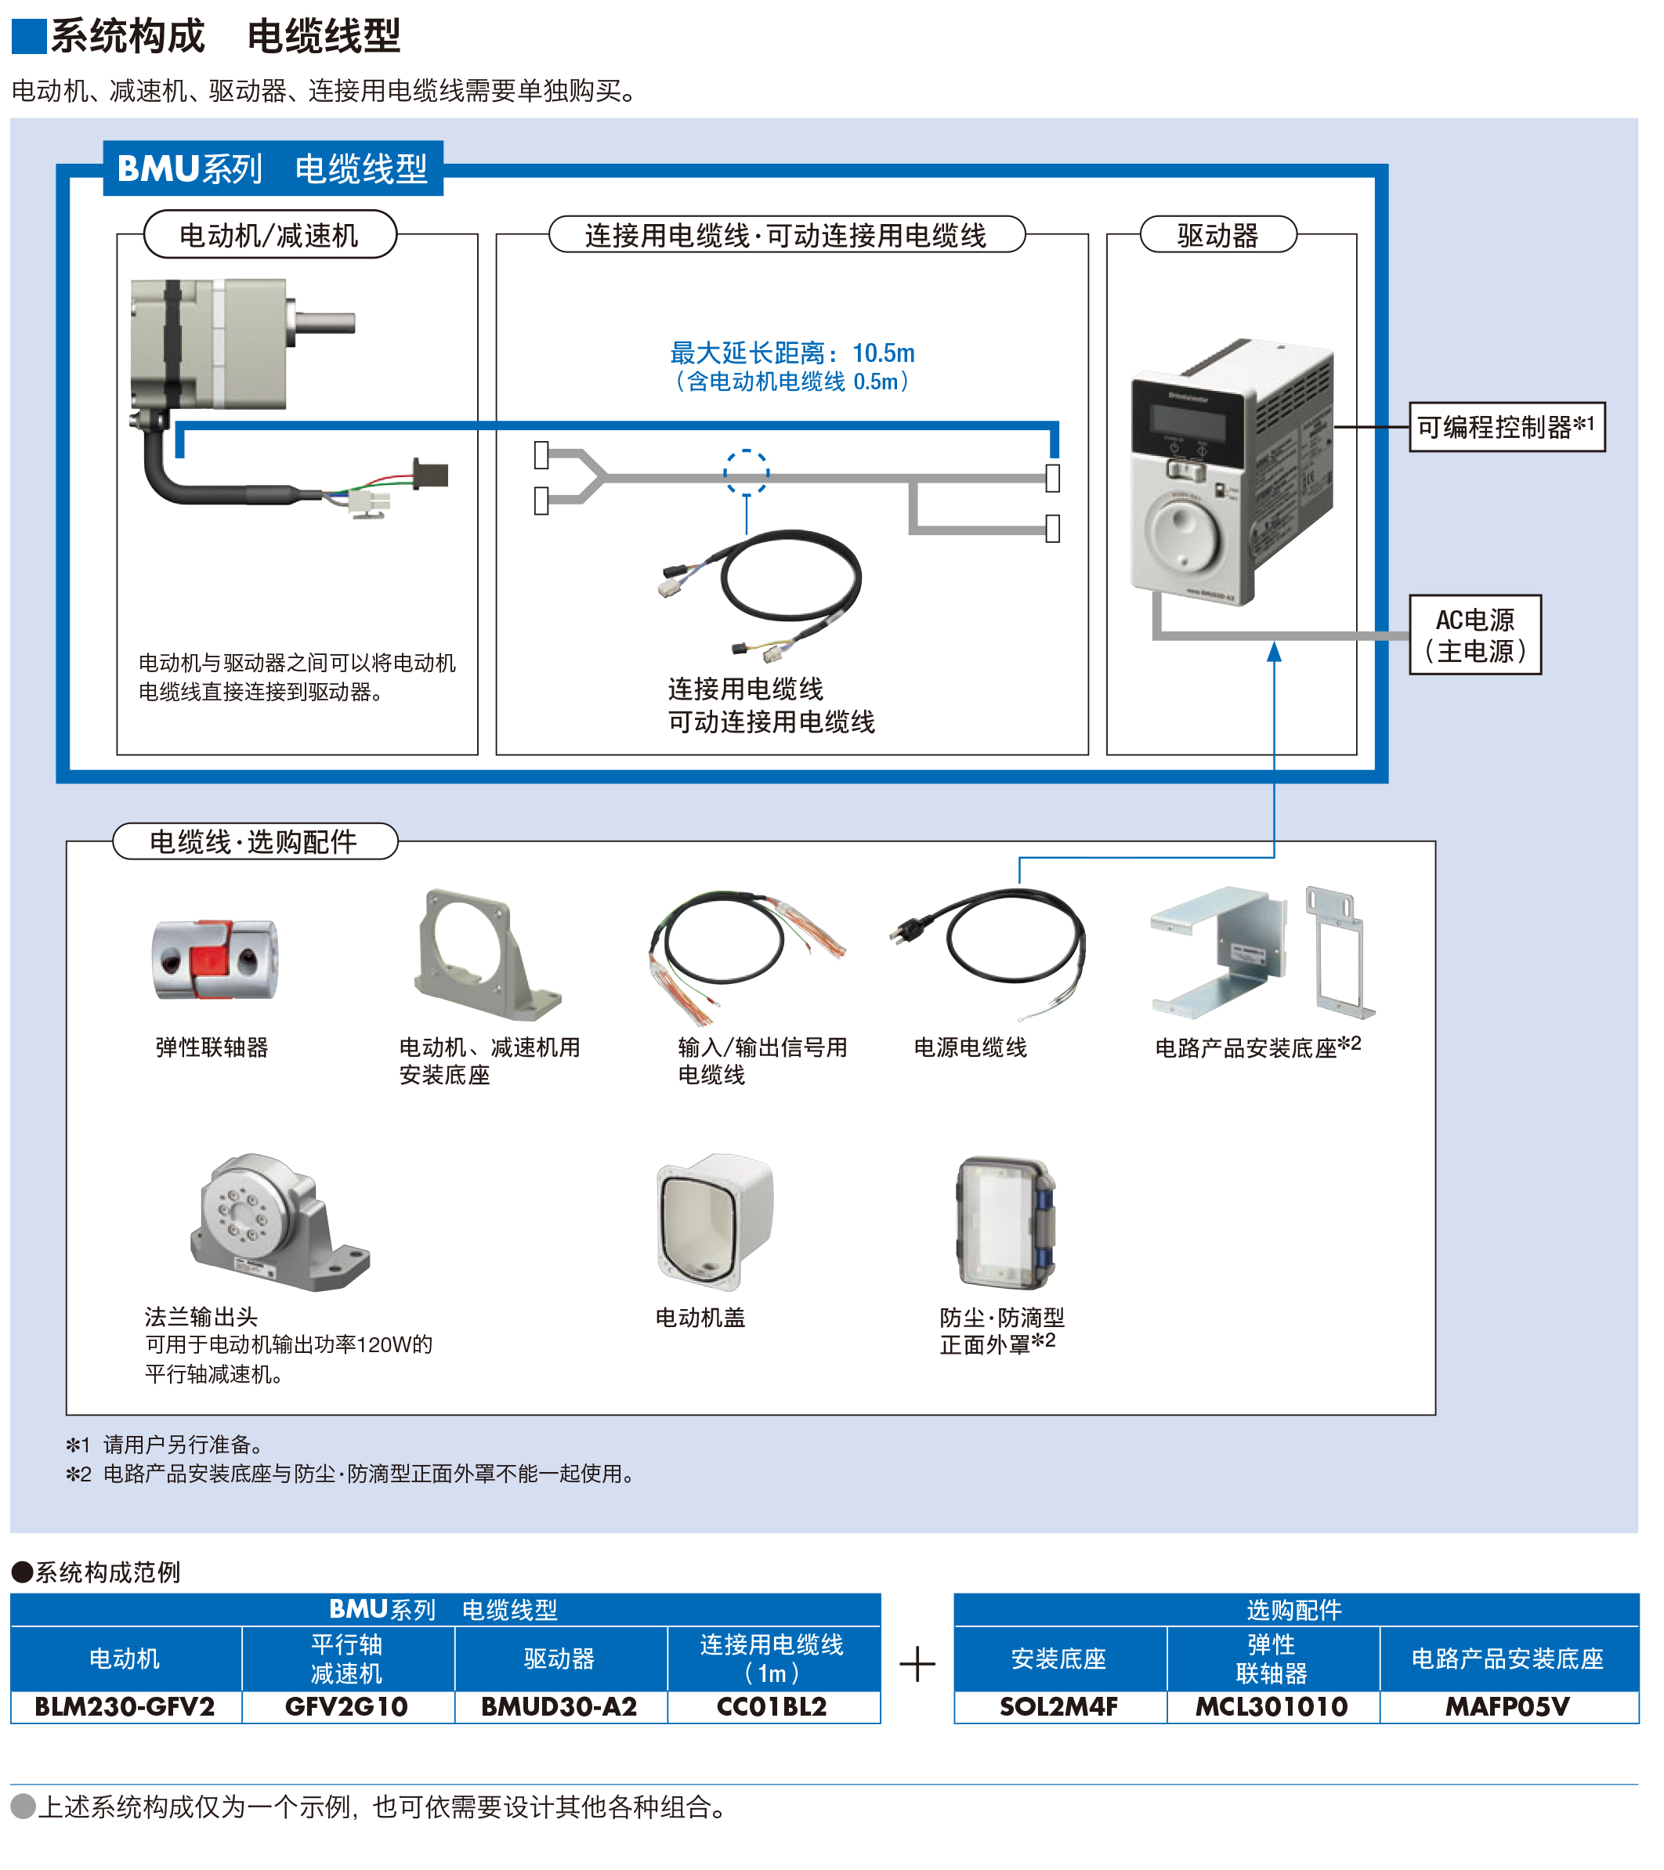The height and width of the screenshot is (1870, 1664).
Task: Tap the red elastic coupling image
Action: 214,959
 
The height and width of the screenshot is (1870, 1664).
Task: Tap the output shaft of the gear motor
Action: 322,322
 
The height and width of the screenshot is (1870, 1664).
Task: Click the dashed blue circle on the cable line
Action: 747,472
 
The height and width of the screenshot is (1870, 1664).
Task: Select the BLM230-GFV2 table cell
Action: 125,1707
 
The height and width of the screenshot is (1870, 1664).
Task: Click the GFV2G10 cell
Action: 347,1707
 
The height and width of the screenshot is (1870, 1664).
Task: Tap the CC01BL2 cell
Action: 772,1707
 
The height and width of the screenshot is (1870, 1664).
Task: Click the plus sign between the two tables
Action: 917,1664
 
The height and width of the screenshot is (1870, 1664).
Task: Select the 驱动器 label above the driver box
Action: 1217,235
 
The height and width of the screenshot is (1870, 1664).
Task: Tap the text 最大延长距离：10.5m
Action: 792,353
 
